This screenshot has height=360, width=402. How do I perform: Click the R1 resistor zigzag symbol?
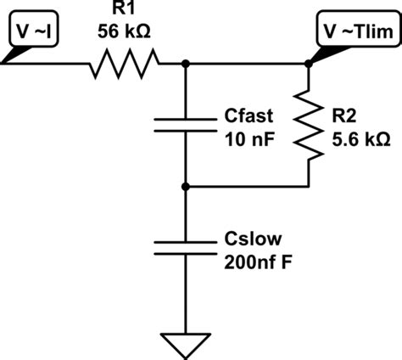coord(125,62)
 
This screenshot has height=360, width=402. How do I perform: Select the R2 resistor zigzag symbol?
coord(307,125)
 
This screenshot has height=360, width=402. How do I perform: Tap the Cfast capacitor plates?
coord(186,124)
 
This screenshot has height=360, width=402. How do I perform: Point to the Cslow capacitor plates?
coord(186,247)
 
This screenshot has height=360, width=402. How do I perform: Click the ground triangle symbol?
coord(186,343)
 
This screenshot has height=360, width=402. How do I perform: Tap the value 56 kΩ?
coord(125,31)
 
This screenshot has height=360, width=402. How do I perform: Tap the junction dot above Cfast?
coord(186,63)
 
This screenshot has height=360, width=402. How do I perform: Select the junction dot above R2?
coord(307,63)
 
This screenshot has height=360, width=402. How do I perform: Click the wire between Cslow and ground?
coord(186,297)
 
